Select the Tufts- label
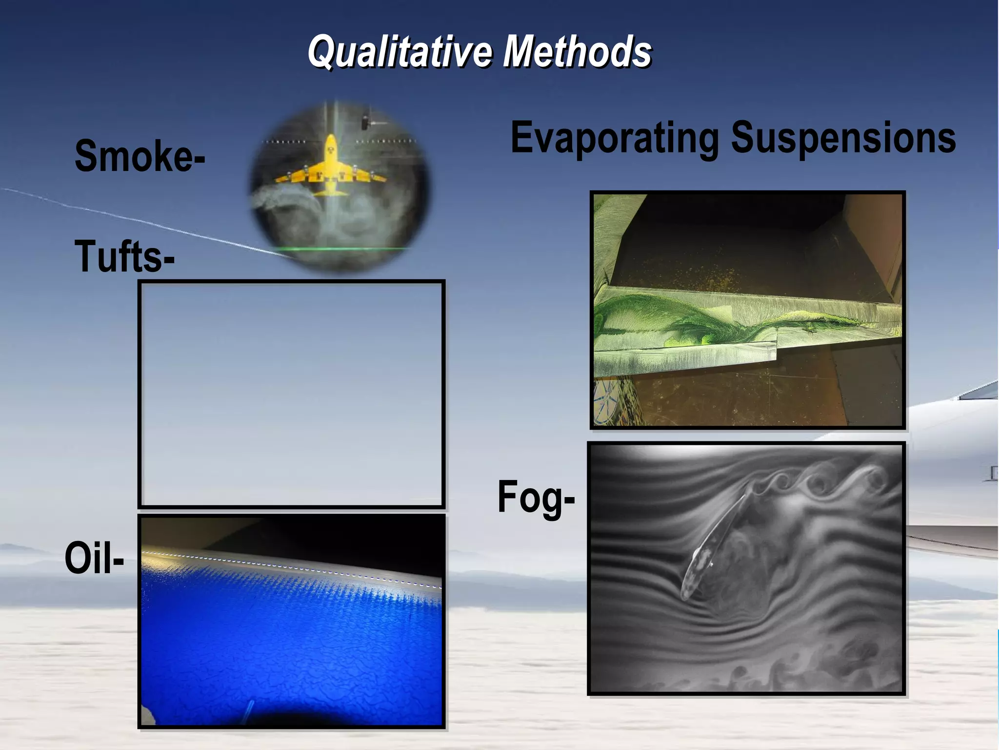(124, 256)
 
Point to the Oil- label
(94, 558)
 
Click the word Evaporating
(614, 139)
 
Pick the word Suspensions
(843, 138)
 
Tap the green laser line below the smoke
(341, 249)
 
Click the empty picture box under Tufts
(291, 394)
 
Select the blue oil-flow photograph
(291, 635)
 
